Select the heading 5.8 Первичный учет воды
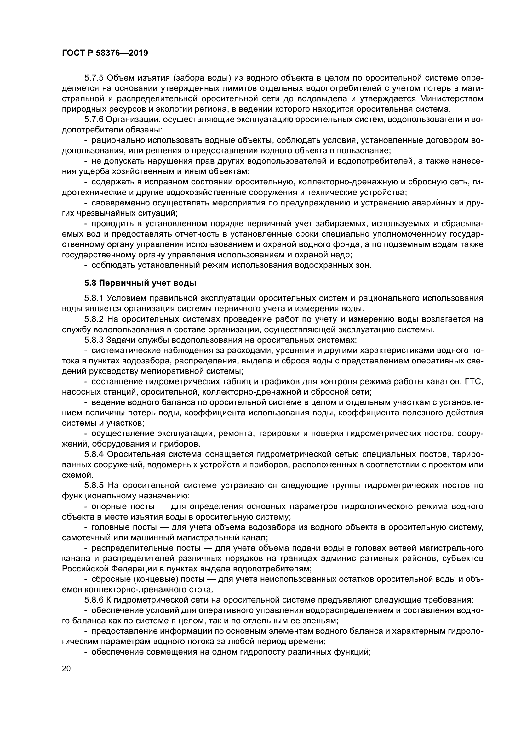pyautogui.click(x=140, y=283)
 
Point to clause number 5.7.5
pyautogui.click(x=94, y=78)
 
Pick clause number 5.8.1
pyautogui.click(x=94, y=298)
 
